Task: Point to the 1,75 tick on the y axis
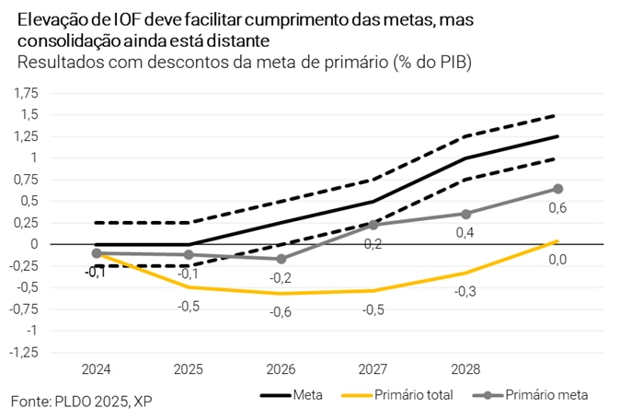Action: pyautogui.click(x=27, y=93)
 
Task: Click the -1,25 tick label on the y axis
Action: pyautogui.click(x=25, y=352)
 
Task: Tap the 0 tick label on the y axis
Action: pyautogui.click(x=35, y=244)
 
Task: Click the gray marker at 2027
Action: pyautogui.click(x=373, y=225)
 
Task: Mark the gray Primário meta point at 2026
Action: pyautogui.click(x=281, y=259)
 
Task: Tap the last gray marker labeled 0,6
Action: pyautogui.click(x=557, y=189)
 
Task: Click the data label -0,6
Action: pyautogui.click(x=281, y=311)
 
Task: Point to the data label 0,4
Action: pyautogui.click(x=465, y=233)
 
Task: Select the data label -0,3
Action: pyautogui.click(x=465, y=291)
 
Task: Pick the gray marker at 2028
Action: pyautogui.click(x=465, y=214)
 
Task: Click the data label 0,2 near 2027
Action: pyautogui.click(x=373, y=244)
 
